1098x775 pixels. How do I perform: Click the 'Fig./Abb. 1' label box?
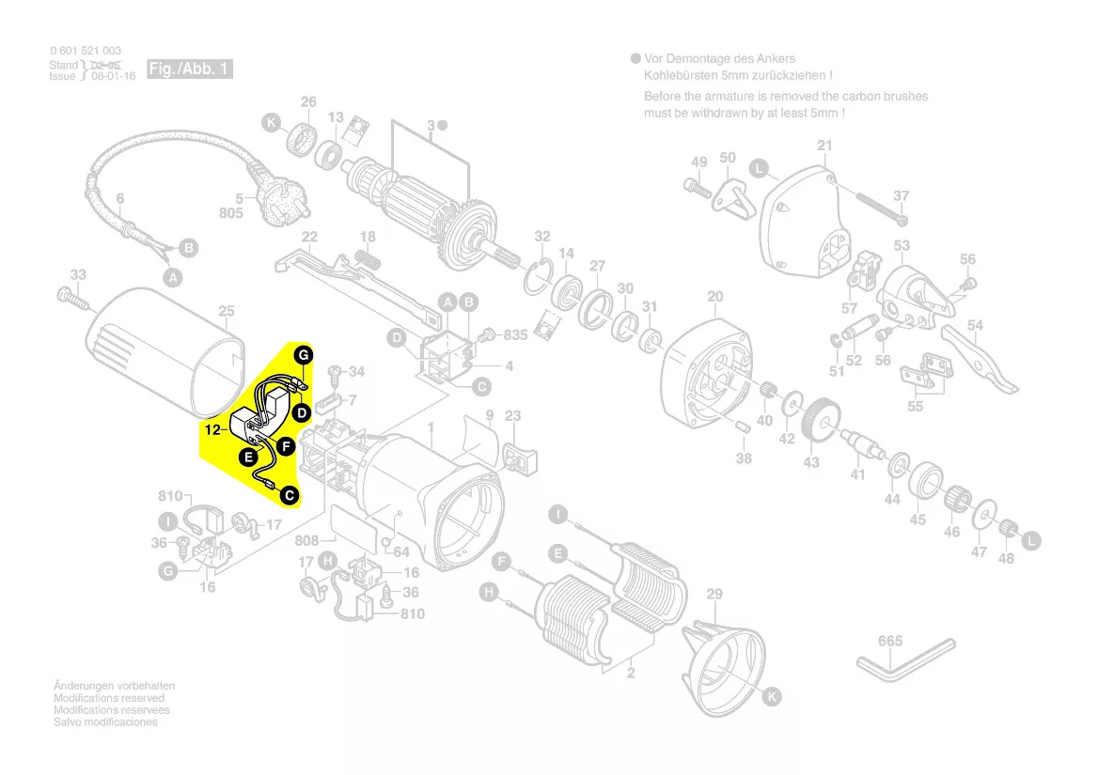click(x=189, y=70)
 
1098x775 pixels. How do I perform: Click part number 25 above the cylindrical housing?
click(x=227, y=311)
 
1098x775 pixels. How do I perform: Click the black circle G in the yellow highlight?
click(x=303, y=355)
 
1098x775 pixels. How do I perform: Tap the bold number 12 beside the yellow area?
click(x=212, y=429)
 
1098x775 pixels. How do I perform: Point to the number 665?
click(x=890, y=641)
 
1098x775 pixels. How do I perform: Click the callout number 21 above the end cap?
click(x=824, y=146)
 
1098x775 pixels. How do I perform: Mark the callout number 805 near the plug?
click(x=231, y=213)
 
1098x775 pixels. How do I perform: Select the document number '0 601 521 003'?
click(x=86, y=51)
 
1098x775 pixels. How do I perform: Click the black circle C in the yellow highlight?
click(x=290, y=494)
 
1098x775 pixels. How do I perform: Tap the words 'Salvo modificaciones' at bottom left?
click(x=105, y=722)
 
